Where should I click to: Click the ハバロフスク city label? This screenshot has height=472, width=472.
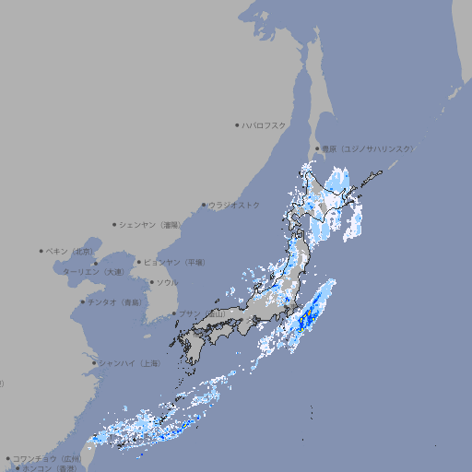[264, 124]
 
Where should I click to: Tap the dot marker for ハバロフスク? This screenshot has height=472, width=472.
[237, 124]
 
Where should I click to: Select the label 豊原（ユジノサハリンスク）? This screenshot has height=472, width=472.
[367, 148]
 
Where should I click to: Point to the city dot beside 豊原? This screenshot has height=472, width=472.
[317, 148]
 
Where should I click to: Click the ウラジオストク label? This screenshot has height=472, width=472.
[234, 205]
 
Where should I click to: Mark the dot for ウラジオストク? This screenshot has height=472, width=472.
[204, 205]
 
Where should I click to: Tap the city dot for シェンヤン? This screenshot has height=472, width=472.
[115, 224]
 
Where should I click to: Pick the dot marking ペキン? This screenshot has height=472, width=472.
[41, 251]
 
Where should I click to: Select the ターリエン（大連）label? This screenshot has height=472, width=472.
[93, 272]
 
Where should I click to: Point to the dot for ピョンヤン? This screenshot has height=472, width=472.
[139, 262]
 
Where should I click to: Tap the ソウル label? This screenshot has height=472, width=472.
[167, 282]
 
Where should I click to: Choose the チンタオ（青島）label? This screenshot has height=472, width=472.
[115, 301]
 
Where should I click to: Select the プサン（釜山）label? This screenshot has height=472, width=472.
[201, 314]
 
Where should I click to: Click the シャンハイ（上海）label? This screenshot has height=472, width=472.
[129, 363]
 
